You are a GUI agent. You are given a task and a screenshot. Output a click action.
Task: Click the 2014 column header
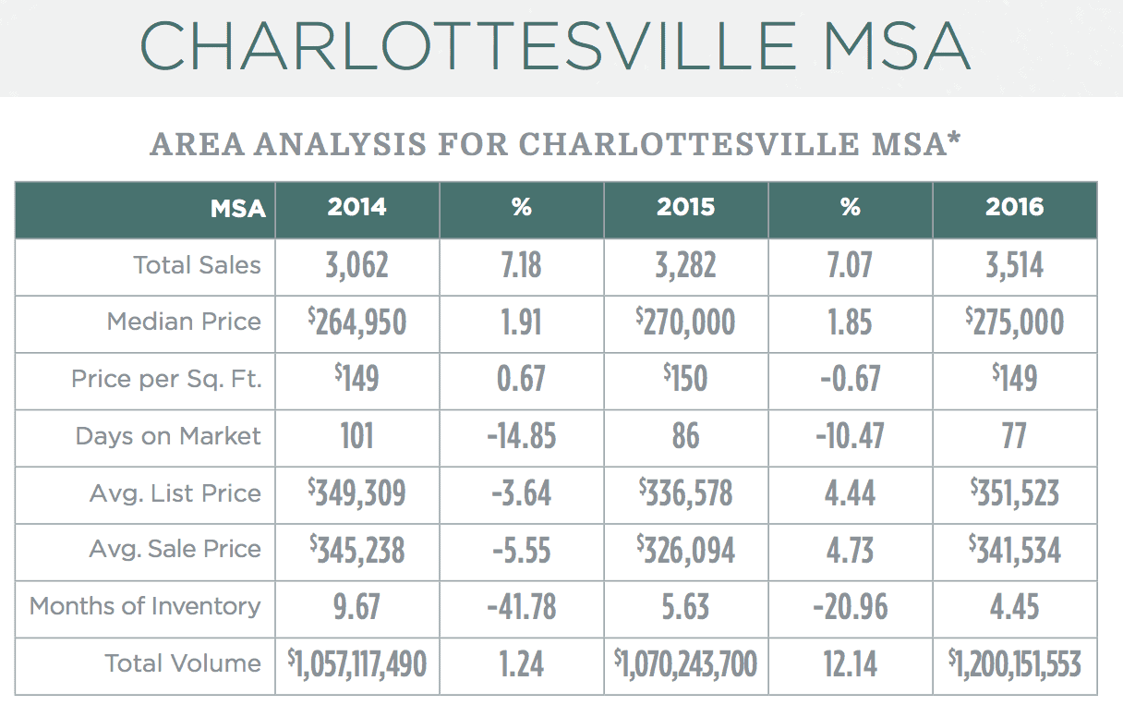point(357,208)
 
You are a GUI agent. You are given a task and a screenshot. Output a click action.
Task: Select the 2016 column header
point(1014,208)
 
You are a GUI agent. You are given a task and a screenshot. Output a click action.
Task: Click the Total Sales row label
point(197,265)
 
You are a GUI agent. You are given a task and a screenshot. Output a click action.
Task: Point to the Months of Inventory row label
point(145,607)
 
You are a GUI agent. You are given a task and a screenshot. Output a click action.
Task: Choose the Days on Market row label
point(168,436)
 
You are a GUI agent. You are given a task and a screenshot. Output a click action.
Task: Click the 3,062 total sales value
point(357,266)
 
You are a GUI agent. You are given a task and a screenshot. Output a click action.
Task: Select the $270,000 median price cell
point(685,322)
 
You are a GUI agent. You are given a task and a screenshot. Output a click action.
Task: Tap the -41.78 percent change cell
point(522,608)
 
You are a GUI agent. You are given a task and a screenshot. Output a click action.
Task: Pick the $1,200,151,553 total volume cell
point(1014,664)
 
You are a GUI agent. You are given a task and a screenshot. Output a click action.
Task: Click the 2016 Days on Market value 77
point(1014,436)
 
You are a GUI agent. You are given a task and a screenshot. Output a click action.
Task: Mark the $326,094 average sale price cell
point(685,551)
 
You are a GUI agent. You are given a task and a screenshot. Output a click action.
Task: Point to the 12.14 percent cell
point(850,664)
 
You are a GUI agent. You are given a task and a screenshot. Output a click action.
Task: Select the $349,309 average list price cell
point(357,493)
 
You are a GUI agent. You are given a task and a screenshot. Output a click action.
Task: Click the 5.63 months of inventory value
point(685,608)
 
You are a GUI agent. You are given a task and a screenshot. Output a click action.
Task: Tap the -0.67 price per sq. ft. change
point(850,379)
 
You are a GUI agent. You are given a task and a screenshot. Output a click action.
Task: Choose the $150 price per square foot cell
point(685,379)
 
